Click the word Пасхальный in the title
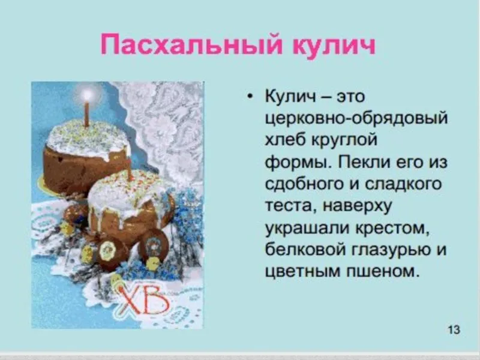point(191,45)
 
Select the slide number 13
point(454,329)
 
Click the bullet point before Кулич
point(251,96)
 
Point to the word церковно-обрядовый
point(356,118)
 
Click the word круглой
point(344,140)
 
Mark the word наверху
point(357,206)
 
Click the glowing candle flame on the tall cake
point(87,95)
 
